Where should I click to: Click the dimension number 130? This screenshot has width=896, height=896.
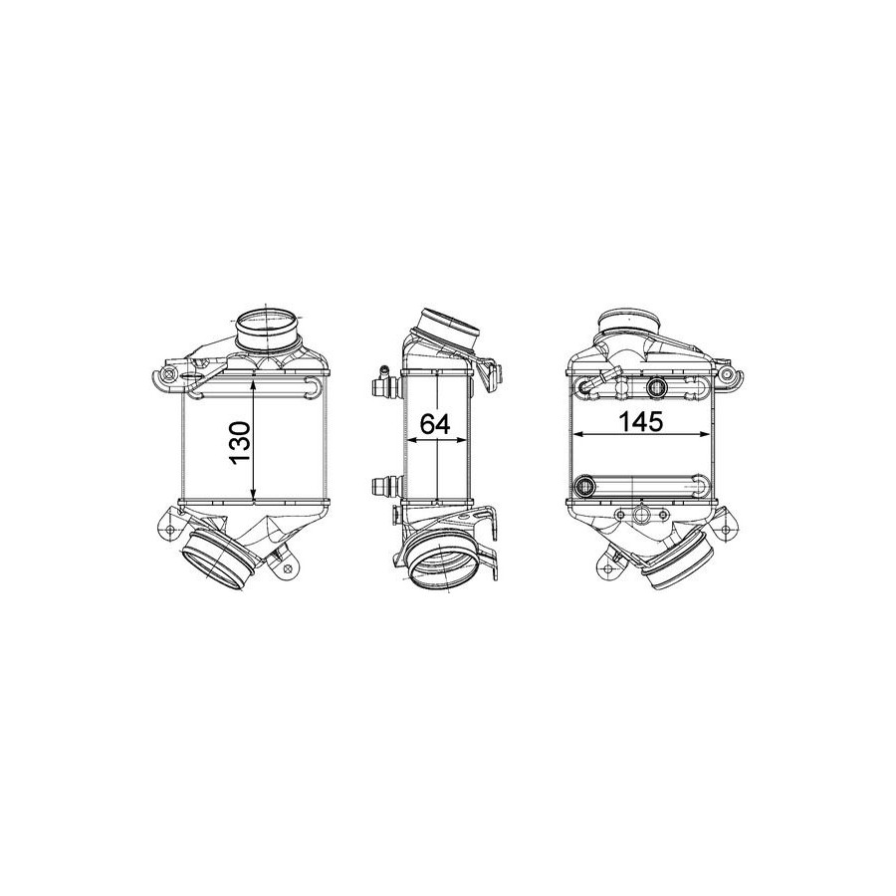point(241,443)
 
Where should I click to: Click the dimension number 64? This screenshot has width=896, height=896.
point(435,423)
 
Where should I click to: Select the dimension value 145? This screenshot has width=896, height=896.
point(640,421)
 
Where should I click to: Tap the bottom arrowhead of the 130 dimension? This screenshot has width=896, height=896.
point(254,496)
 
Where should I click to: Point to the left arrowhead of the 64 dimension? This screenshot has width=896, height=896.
point(412,440)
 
